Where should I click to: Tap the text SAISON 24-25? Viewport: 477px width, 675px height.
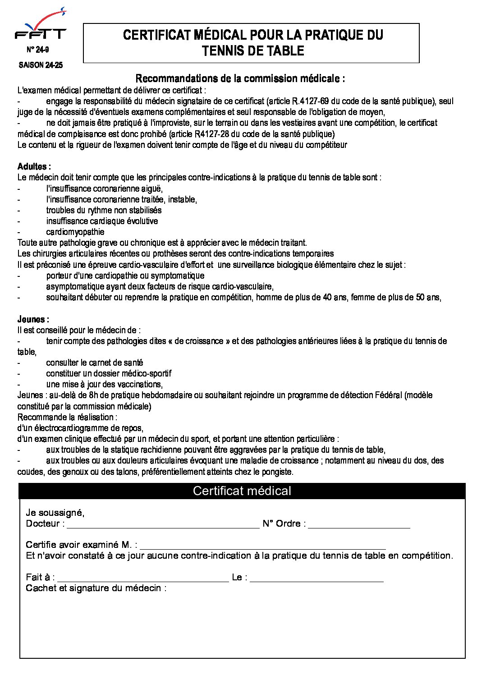tap(41, 65)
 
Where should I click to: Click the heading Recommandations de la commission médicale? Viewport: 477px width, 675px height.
tap(240, 78)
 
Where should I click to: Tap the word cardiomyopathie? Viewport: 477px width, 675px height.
tap(75, 232)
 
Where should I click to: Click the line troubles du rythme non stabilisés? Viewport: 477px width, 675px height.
tap(104, 210)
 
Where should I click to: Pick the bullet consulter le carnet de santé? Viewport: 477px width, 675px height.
tap(95, 363)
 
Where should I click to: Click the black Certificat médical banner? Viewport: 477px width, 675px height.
tap(242, 491)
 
